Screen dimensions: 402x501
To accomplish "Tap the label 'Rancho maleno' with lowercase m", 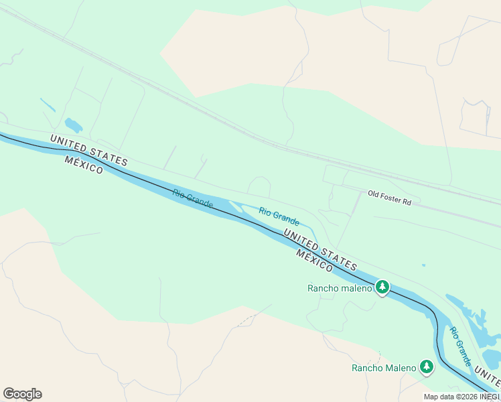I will (x=339, y=288).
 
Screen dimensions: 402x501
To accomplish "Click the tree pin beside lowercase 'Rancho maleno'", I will (x=382, y=287).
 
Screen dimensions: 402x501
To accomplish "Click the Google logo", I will (x=22, y=394).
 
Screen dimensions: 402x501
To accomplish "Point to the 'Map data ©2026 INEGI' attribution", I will (x=461, y=397).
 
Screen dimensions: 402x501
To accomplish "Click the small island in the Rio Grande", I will (x=236, y=206).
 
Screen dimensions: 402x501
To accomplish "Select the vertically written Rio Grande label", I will (x=460, y=346).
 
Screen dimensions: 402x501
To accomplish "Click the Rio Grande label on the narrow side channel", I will (x=279, y=215).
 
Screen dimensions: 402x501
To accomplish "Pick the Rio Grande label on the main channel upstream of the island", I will (x=192, y=198).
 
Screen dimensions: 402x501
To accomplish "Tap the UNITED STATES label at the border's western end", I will (x=88, y=150).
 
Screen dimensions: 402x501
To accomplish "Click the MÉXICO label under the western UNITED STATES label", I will (x=84, y=165).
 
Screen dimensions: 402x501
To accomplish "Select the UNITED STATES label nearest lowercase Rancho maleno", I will (x=319, y=249).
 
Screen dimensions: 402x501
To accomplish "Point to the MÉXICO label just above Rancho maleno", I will (x=314, y=261).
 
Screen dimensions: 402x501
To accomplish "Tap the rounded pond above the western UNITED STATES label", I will (x=73, y=125).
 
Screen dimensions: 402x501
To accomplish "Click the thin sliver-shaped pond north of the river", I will (x=48, y=105).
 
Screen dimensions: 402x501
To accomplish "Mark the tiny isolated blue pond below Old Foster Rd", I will (x=423, y=265).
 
